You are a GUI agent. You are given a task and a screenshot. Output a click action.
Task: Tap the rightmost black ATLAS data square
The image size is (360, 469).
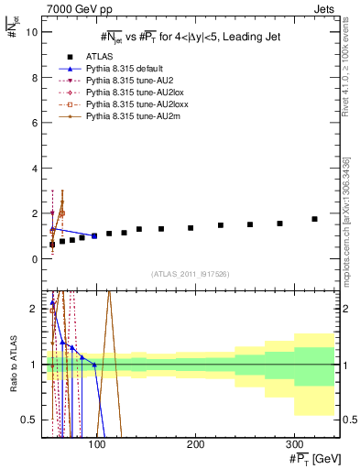coord(314,219)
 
